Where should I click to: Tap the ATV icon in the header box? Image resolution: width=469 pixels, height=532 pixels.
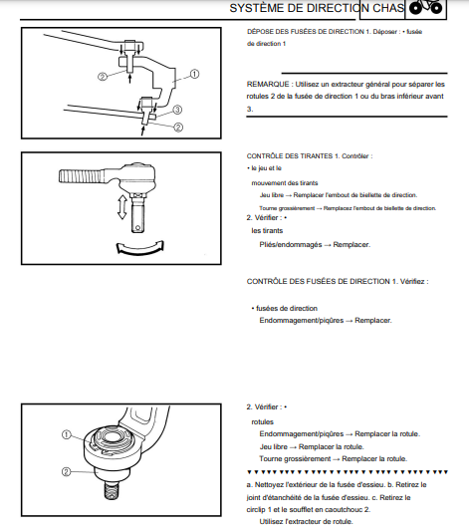[425, 7]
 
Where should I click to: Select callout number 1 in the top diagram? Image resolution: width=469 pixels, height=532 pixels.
[194, 74]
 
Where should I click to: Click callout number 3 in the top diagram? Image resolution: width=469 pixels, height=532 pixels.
[177, 110]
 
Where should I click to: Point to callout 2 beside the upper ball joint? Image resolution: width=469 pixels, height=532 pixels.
[103, 77]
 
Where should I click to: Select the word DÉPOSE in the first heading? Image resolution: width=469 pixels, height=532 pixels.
[259, 32]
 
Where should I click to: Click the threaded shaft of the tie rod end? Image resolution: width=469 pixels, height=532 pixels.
[82, 176]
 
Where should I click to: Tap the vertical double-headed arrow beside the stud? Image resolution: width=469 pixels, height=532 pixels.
[122, 207]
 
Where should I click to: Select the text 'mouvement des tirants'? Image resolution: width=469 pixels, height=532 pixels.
[285, 183]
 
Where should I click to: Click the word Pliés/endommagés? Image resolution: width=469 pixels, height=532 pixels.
[291, 245]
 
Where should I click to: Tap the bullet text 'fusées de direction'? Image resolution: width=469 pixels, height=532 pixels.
[287, 309]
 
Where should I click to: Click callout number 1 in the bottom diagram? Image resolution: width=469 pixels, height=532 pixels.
[67, 434]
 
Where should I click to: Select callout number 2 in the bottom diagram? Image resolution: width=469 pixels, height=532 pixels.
[66, 471]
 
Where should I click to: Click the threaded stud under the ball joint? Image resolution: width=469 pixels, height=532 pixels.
[112, 490]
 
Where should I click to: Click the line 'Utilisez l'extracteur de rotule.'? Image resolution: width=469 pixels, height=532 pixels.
[306, 521]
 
